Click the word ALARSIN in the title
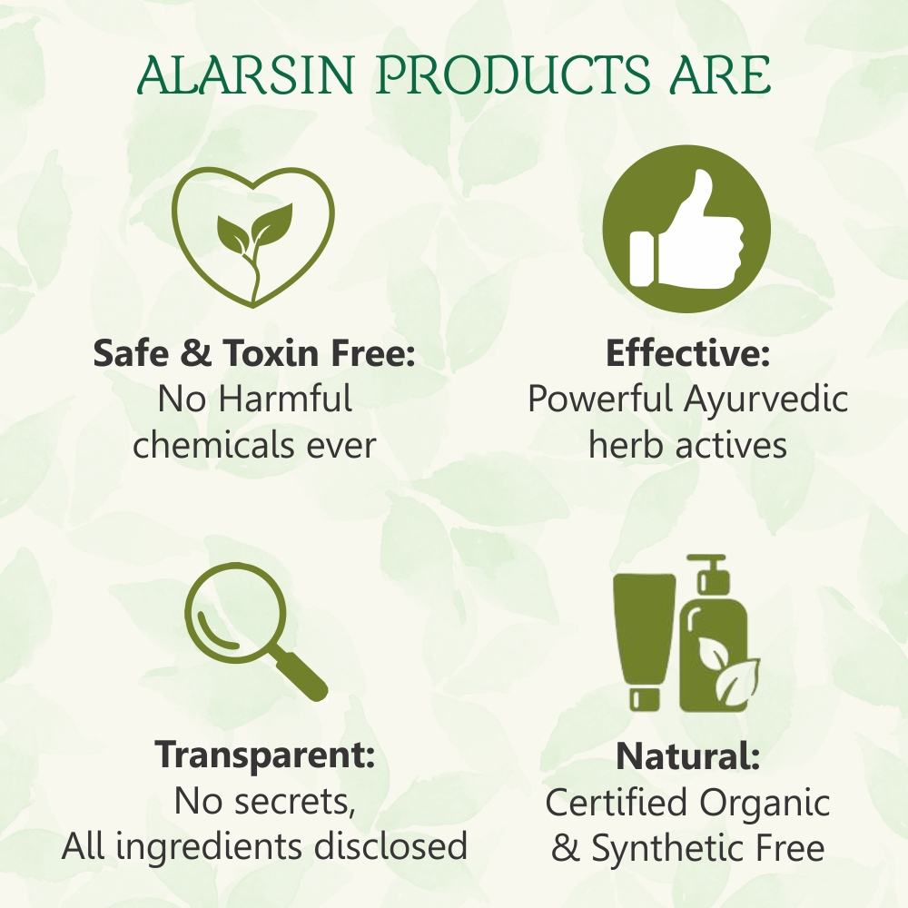pos(245,75)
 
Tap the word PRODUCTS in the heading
pos(512,75)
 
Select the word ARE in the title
pos(720,75)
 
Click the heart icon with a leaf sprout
pos(253,237)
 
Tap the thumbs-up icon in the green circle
pos(686,229)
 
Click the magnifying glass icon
pos(255,631)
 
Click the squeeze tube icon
pos(645,642)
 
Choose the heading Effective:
pos(688,352)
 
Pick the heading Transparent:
pos(264,754)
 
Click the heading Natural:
pos(688,755)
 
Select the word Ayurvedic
pos(765,399)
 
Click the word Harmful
pos(285,399)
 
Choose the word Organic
pos(764,803)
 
